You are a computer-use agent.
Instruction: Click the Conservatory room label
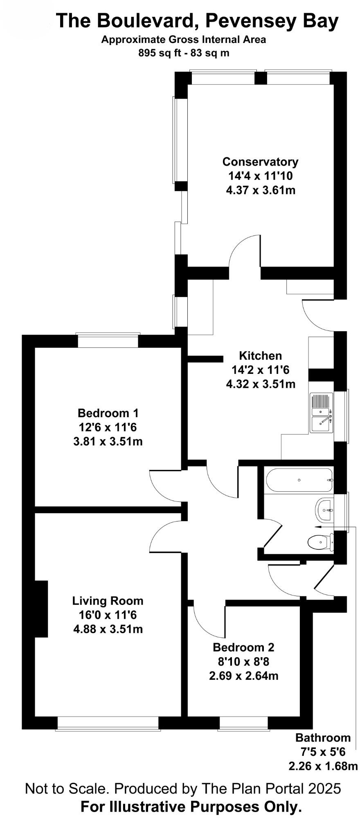coord(260,162)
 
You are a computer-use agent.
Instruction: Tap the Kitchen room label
coord(260,355)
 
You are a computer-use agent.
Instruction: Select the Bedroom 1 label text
coord(108,413)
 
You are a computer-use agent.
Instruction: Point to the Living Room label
coord(108,601)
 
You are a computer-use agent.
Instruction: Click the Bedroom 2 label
coord(243,647)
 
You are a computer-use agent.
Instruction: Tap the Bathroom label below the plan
coord(323,738)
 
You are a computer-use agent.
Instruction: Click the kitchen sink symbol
coord(322,412)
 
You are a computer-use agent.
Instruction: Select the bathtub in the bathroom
coord(299,480)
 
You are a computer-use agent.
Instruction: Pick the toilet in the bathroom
coord(319,542)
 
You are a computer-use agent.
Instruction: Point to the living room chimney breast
coord(41,609)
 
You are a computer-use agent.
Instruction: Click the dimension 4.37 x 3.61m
coord(260,190)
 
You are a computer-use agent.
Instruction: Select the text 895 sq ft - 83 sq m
coord(184,53)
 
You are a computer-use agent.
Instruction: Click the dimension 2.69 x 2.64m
coord(243,676)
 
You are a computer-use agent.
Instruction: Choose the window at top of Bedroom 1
coord(108,340)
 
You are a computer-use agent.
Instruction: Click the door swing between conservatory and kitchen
coord(245,252)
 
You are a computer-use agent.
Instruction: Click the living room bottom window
coord(108,723)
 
